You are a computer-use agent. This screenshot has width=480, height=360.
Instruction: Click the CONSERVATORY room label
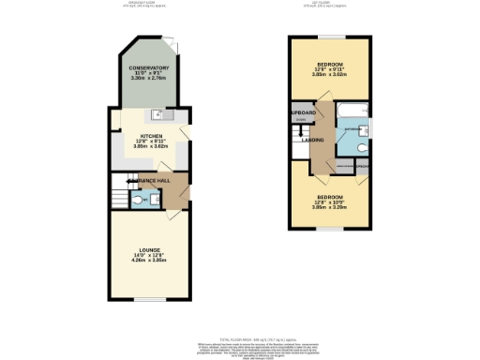149,68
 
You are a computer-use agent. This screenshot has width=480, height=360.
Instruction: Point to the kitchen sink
160,117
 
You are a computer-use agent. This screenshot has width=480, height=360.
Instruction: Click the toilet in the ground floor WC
138,201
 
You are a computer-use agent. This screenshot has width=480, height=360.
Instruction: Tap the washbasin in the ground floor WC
156,198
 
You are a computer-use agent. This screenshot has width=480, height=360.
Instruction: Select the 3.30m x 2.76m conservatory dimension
149,82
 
